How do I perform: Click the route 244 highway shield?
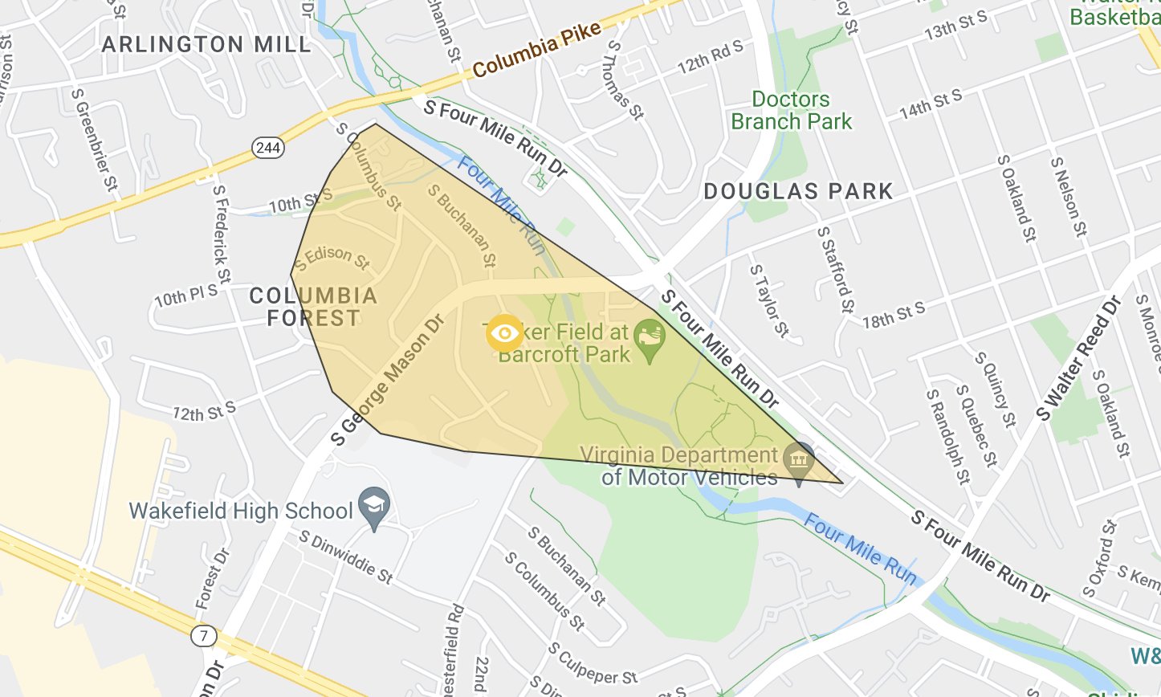[x=267, y=147]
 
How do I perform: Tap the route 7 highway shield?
[x=204, y=636]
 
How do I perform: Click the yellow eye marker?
[x=504, y=333]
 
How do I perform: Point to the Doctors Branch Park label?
[x=791, y=111]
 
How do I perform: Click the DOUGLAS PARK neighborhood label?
[x=798, y=192]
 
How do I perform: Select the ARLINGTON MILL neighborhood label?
[x=206, y=45]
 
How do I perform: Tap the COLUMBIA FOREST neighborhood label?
[x=313, y=307]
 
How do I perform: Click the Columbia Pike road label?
[x=536, y=50]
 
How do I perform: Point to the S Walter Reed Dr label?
[x=1078, y=359]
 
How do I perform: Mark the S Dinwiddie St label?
[x=346, y=556]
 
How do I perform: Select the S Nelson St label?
[x=1068, y=197]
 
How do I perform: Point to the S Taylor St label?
[x=769, y=300]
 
